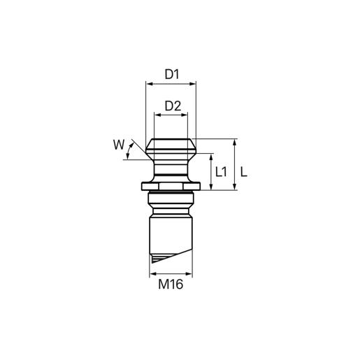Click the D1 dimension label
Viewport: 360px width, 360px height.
pyautogui.click(x=172, y=74)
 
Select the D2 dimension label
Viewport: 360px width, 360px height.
pyautogui.click(x=173, y=106)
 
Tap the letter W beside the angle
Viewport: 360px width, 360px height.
pyautogui.click(x=119, y=145)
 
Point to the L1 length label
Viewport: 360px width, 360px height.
pyautogui.click(x=221, y=172)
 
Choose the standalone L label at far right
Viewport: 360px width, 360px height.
pyautogui.click(x=244, y=172)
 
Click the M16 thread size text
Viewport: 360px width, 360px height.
pyautogui.click(x=171, y=285)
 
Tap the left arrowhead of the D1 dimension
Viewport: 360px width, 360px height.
pyautogui.click(x=149, y=84)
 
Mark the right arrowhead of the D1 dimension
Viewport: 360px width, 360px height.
pyautogui.click(x=193, y=84)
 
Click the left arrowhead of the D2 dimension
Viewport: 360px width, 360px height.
pyautogui.click(x=157, y=115)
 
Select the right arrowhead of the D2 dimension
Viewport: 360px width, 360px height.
pyautogui.click(x=185, y=115)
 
